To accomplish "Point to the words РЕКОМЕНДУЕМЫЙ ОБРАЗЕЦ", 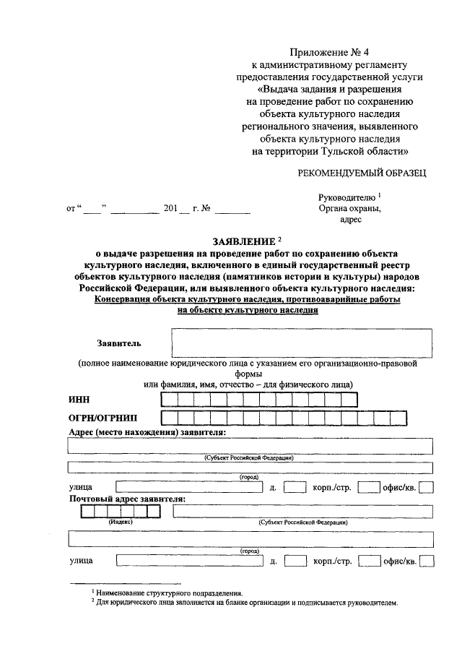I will [x=362, y=172].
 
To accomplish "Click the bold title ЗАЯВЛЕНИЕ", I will [x=243, y=241].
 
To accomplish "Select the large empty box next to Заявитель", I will [x=301, y=343].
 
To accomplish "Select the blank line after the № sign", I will [x=232, y=210].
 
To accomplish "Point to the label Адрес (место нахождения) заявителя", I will [x=147, y=432].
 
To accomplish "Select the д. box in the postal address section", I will [x=295, y=561].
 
